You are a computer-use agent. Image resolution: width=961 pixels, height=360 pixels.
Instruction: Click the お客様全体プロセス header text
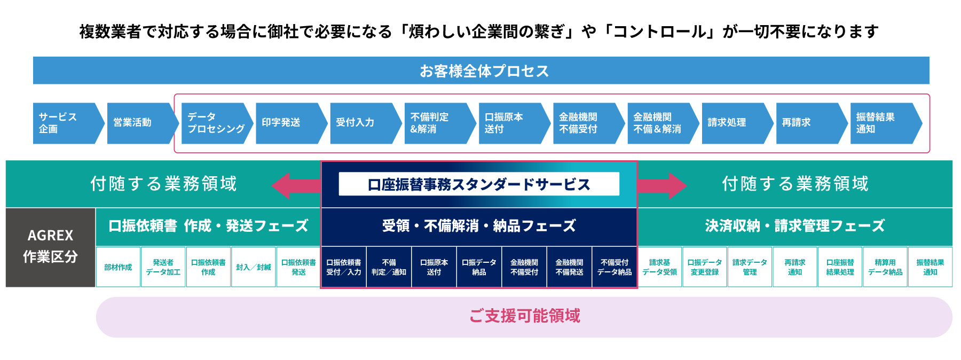pos(484,71)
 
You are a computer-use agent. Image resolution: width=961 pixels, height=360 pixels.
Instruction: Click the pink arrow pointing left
pos(296,185)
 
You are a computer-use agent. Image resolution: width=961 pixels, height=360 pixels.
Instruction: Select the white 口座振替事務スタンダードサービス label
pos(479,184)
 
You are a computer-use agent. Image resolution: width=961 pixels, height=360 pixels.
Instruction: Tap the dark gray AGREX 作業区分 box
pos(51,247)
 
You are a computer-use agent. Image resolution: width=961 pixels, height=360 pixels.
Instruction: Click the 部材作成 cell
pos(118,267)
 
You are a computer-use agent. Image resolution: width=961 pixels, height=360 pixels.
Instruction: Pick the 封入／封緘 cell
pos(254,267)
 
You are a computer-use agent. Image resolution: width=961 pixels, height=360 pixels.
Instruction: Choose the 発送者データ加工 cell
pos(163,267)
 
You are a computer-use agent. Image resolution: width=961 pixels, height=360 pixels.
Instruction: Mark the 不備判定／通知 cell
pos(389,267)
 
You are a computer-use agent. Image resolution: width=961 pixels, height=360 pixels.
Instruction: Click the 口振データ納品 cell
pos(479,267)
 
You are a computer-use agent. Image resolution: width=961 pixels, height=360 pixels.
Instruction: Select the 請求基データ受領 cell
pos(660,267)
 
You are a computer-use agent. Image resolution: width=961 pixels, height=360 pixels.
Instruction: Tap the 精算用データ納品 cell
pos(885,267)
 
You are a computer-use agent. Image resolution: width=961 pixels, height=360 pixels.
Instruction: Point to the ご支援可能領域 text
pos(525,316)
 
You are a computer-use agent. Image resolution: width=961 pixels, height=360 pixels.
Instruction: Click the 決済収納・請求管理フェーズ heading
pos(795,226)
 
